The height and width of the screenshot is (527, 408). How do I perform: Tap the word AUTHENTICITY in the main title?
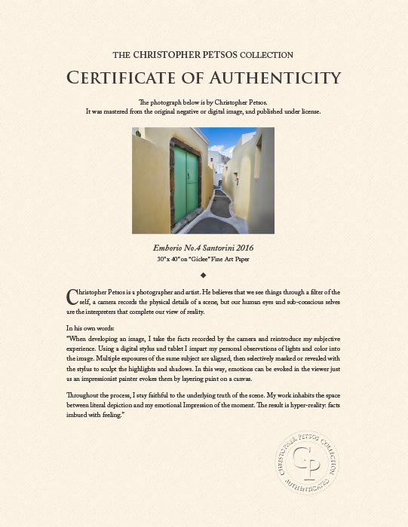[x=270, y=77]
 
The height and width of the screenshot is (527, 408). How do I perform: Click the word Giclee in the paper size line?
[x=227, y=259]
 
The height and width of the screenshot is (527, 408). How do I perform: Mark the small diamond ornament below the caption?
[x=204, y=275]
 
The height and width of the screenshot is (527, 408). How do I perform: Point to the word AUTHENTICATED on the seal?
[x=304, y=491]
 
